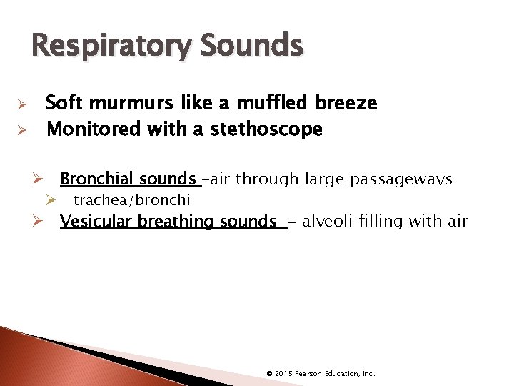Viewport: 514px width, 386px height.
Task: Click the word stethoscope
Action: (x=266, y=129)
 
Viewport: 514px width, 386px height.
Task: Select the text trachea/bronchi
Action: (x=131, y=200)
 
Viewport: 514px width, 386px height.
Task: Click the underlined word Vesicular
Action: (x=94, y=222)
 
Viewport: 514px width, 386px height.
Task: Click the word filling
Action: (x=378, y=222)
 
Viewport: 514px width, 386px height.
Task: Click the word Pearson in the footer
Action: (x=312, y=374)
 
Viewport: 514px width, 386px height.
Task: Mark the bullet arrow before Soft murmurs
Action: (x=22, y=104)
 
